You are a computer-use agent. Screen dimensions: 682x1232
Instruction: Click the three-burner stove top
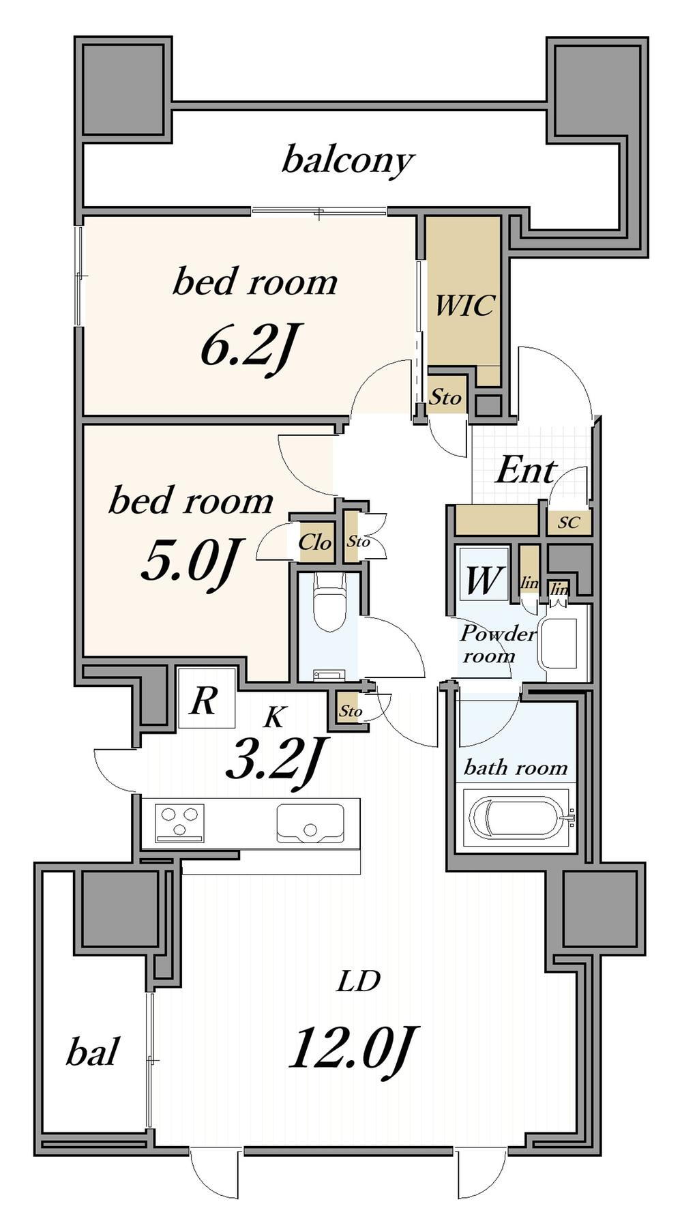coord(180,823)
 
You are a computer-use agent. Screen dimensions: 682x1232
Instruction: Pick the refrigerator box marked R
coord(207,698)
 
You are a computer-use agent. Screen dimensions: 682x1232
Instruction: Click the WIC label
coord(464,305)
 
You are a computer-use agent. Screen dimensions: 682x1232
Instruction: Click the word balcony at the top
coord(349,160)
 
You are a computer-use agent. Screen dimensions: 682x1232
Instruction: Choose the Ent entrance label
coord(526,471)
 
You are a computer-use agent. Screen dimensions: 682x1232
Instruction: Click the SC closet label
coord(569,523)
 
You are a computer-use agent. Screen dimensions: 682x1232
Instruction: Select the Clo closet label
coord(315,542)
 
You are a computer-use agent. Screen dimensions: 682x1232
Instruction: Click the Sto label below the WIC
coord(445,396)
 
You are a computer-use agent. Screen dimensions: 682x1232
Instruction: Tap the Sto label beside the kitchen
coord(351,711)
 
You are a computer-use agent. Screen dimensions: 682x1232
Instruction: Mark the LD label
coord(358,981)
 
